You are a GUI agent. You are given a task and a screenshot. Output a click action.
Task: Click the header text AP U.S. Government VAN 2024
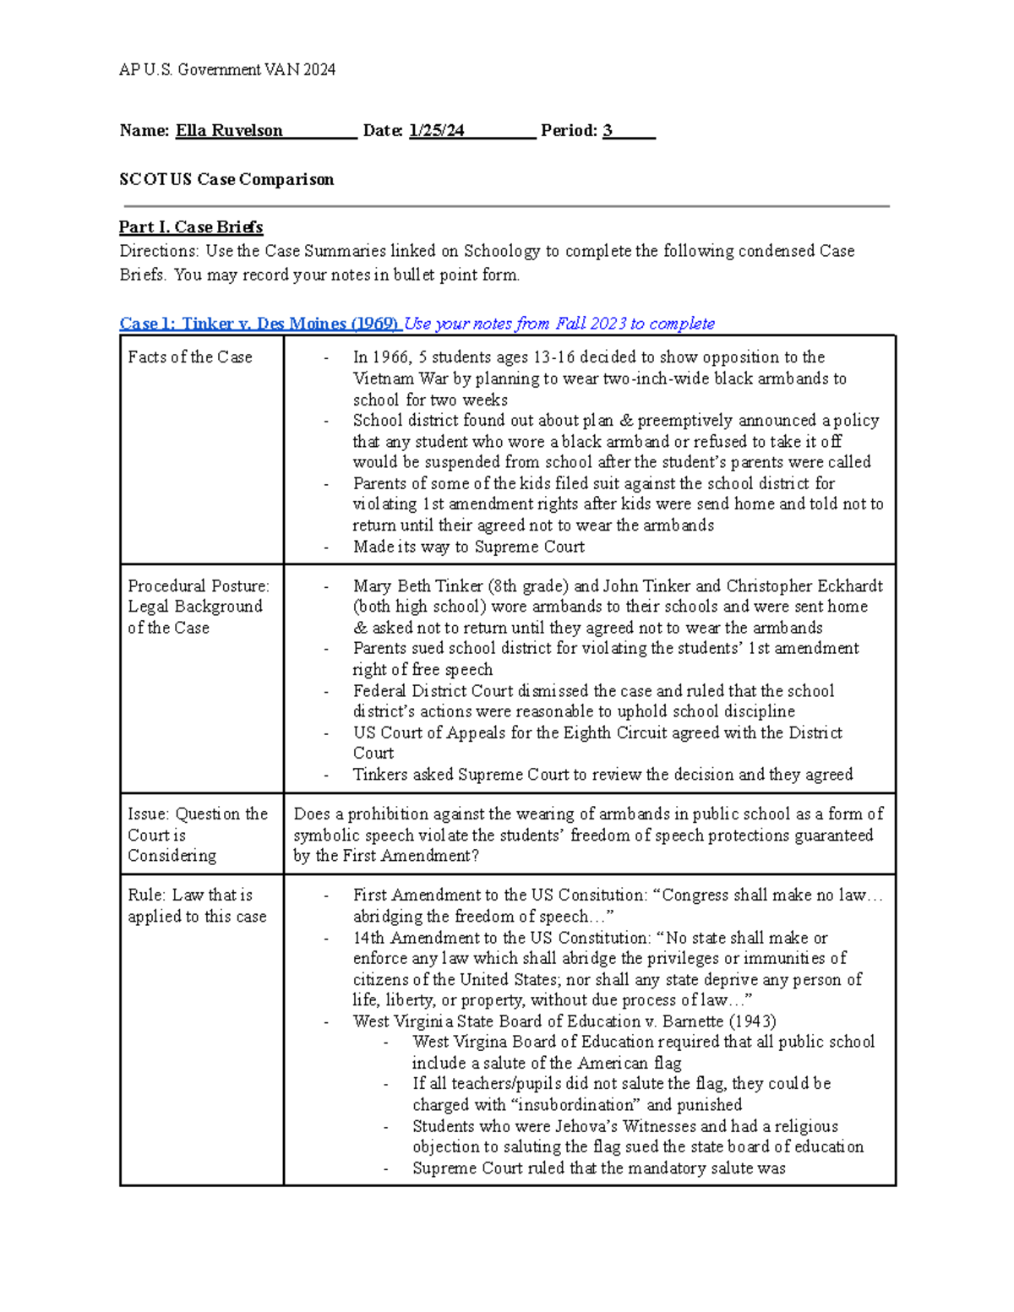pos(227,70)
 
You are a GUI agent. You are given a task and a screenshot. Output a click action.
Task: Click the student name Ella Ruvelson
pos(229,130)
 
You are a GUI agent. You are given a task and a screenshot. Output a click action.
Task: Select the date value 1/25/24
pos(437,130)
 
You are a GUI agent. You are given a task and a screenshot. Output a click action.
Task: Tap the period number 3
pos(608,130)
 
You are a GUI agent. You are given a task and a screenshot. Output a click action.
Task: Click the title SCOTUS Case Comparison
pos(226,179)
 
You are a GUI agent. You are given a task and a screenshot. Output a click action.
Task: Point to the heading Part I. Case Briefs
pos(191,226)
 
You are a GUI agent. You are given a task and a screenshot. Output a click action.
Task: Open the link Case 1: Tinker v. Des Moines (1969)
pos(260,324)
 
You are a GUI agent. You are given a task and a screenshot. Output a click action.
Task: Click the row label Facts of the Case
pos(190,357)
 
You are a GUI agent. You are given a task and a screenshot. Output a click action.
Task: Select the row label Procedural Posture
pos(198,585)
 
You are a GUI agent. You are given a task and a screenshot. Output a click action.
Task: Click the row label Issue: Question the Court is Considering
pos(197,835)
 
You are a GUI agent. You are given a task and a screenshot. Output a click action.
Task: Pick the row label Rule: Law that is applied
pos(196,905)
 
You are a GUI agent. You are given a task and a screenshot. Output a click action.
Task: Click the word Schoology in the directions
pos(502,251)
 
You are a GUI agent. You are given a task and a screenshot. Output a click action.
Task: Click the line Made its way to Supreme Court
pos(469,547)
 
